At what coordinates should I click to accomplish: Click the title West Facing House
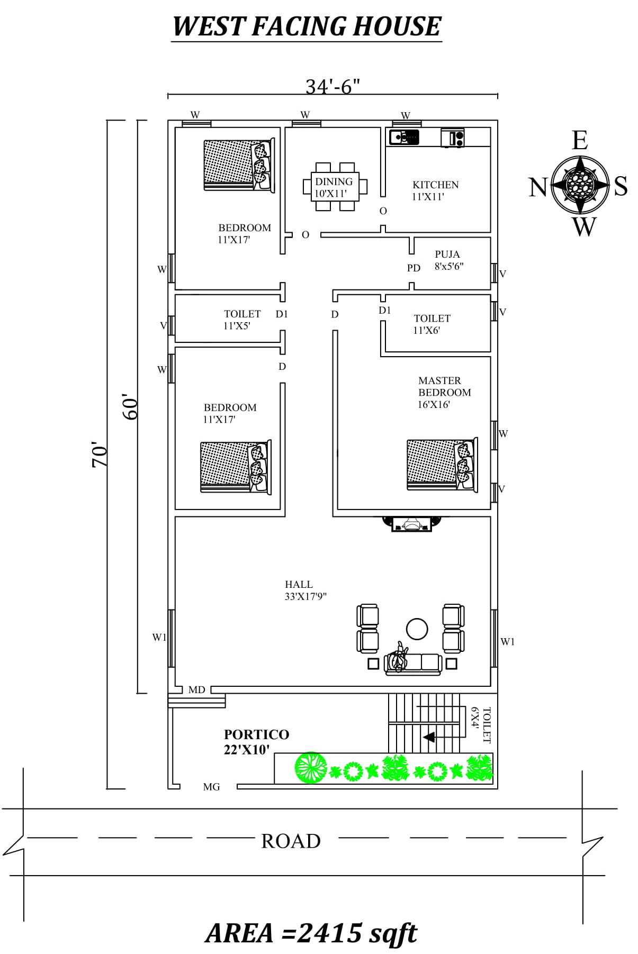[307, 26]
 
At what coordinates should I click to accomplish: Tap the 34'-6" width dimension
[333, 86]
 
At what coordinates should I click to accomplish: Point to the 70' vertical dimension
[100, 455]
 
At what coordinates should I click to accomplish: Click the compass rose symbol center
[580, 184]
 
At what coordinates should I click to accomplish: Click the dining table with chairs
[335, 187]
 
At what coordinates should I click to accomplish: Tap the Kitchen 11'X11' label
[435, 190]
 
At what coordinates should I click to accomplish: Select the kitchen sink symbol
[404, 138]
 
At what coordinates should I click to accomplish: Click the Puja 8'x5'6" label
[448, 260]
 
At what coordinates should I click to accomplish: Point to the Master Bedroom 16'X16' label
[444, 392]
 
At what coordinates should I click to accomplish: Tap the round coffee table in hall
[417, 629]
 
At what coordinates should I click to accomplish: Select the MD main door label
[196, 690]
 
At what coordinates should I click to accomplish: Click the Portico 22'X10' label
[256, 741]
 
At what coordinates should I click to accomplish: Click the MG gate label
[211, 787]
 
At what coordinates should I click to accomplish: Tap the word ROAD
[291, 841]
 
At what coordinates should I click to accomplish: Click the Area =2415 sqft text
[311, 933]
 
